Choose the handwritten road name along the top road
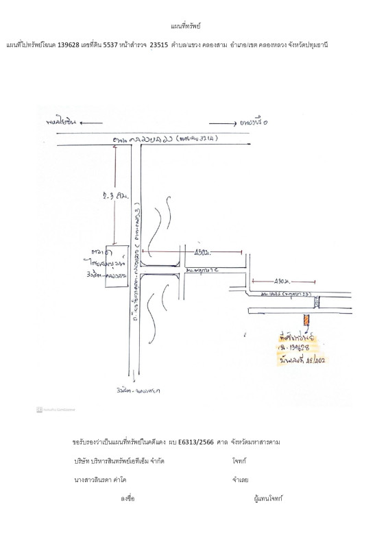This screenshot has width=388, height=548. coord(165,139)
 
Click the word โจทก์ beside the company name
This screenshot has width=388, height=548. coord(239,461)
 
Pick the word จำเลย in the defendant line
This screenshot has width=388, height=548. coord(240,480)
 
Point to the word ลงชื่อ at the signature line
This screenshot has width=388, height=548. coord(128,498)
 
